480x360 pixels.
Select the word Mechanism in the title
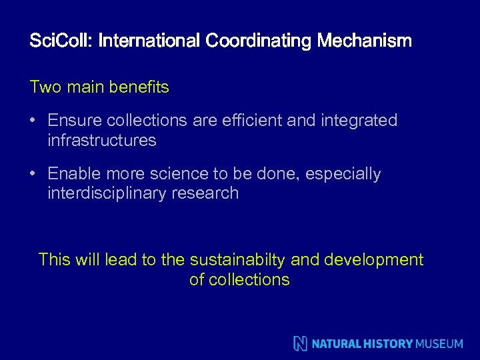tap(365, 41)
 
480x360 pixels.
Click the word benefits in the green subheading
tap(140, 87)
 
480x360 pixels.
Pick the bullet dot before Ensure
tap(33, 121)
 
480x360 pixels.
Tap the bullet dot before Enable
tap(33, 174)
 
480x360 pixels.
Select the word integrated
tap(360, 121)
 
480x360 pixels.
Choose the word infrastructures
tap(102, 141)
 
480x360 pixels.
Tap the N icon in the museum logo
tap(301, 343)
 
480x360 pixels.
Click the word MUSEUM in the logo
tap(439, 344)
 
